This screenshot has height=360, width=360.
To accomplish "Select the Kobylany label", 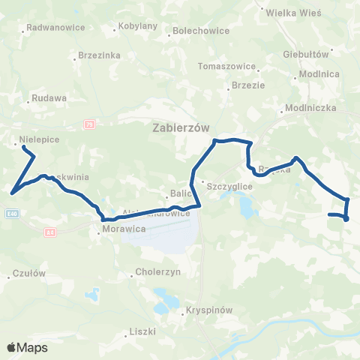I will coord(137,26).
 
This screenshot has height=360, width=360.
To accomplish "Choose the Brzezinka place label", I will coord(99,55).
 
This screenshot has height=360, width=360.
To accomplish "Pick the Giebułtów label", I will coord(307,55).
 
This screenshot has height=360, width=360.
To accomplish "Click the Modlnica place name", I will coord(319,74).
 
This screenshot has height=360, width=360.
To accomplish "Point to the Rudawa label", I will coord(49,98).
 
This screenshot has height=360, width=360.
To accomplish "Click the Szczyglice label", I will coord(232,184).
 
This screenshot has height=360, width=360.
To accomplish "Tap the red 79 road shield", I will coord(89,124).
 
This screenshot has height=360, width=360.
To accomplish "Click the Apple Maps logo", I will coord(27,347).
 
